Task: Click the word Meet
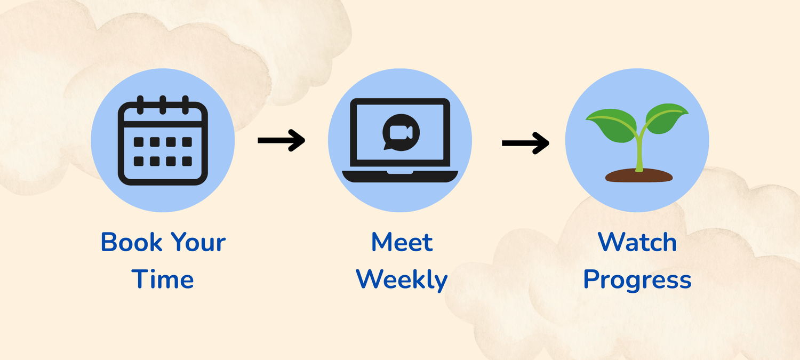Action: tap(402, 242)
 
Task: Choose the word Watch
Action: tap(637, 242)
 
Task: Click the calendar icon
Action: tap(163, 141)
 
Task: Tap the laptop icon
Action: tap(400, 140)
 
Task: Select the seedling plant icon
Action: tap(637, 141)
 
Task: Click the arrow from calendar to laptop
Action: tap(281, 140)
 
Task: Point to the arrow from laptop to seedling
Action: tap(525, 142)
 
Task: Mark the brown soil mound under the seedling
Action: tap(638, 175)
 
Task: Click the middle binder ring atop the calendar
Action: tap(163, 104)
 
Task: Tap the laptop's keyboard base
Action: tap(400, 175)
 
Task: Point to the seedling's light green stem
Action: tap(638, 152)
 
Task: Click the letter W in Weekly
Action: tap(369, 279)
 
